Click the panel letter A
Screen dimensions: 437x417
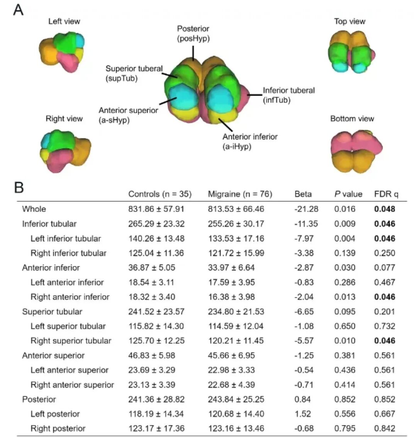pos(19,10)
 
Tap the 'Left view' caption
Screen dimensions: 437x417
pos(64,21)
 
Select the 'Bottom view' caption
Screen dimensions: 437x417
pos(352,119)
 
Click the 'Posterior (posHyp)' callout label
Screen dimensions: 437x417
pos(193,34)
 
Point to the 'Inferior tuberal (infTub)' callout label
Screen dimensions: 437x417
pos(289,95)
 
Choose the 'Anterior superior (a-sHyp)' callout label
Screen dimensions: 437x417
pos(128,115)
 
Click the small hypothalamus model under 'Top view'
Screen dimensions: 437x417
pos(351,52)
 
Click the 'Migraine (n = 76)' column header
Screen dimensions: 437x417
pos(240,194)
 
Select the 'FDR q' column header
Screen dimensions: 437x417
pos(386,194)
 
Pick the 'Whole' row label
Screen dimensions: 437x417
pos(34,209)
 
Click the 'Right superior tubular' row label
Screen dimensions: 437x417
pos(71,340)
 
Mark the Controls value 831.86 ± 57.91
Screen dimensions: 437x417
pos(156,209)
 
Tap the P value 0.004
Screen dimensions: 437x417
pos(345,238)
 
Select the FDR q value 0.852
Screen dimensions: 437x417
pos(385,399)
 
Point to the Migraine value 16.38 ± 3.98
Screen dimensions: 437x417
pos(231,297)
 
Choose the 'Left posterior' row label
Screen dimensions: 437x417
pos(55,414)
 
